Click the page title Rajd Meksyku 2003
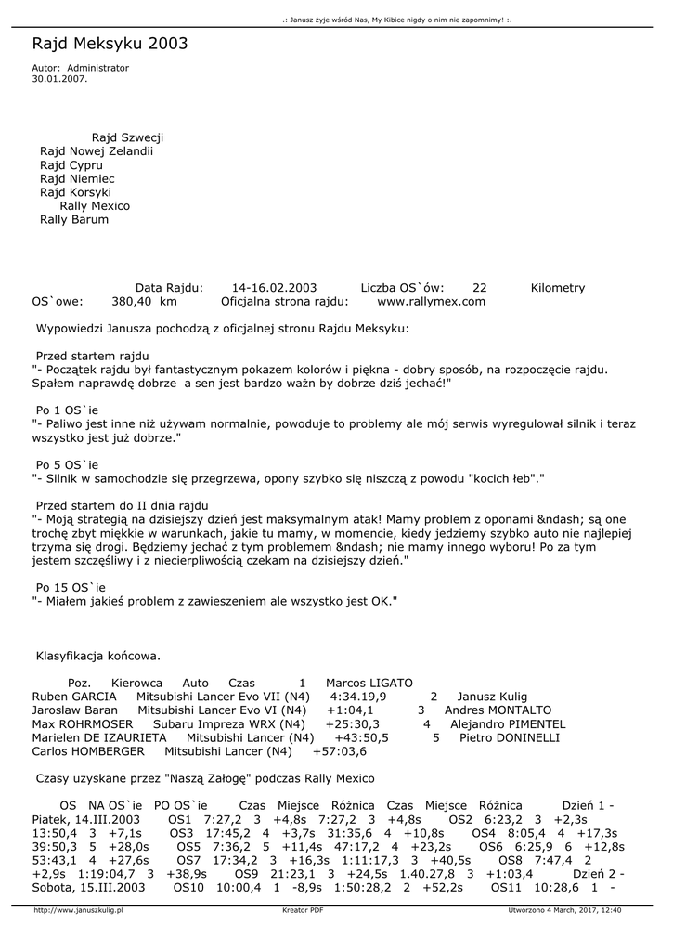[110, 44]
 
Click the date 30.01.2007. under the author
[59, 79]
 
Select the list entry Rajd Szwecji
[127, 137]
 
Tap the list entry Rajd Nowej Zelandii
[96, 151]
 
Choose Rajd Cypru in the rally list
[71, 165]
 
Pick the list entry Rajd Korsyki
[77, 192]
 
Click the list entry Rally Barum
[74, 220]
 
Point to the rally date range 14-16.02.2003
[275, 288]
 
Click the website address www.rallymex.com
[431, 302]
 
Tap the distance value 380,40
[132, 302]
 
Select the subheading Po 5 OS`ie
[67, 465]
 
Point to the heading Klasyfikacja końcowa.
[97, 656]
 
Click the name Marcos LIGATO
[369, 683]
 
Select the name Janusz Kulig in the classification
[492, 697]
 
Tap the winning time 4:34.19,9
[358, 697]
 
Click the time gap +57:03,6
[340, 751]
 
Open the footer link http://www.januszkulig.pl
[78, 911]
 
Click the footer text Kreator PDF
[303, 911]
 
